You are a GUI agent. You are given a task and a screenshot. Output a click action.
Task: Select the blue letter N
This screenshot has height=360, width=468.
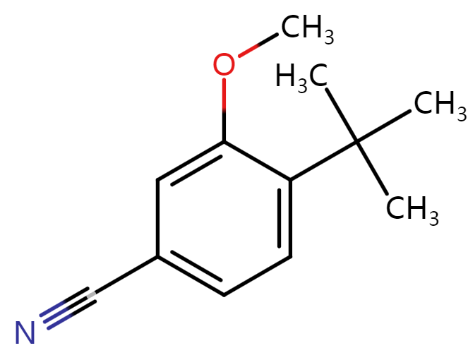tap(25, 332)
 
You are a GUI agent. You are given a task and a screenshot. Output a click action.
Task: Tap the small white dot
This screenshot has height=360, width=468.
tap(91, 294)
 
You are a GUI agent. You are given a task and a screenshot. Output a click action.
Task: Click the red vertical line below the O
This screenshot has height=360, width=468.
tap(224, 95)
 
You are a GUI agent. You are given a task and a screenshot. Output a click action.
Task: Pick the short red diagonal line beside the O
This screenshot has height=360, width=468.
tap(248, 50)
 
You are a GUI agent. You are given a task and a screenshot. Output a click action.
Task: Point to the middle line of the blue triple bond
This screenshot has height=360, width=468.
tap(56, 315)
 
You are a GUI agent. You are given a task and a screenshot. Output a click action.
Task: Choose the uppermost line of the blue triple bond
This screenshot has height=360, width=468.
tap(52, 308)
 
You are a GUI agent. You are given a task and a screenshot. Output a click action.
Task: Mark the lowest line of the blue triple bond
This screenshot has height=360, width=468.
tap(59, 321)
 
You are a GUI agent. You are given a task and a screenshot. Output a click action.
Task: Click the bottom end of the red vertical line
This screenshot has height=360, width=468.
tap(224, 111)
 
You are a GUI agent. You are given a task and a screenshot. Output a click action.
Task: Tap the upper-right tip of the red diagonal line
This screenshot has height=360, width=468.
tap(258, 45)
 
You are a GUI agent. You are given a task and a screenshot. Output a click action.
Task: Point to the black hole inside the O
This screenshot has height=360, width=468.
tap(224, 65)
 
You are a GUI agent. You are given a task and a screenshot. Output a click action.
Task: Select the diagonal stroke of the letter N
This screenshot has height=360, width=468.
tap(25, 332)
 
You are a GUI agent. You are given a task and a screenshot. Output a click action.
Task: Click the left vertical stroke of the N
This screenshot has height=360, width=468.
tap(18, 332)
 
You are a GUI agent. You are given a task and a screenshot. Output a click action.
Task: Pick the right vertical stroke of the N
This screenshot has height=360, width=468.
tap(32, 332)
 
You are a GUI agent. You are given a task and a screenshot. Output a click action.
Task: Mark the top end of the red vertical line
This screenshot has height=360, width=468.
tap(224, 79)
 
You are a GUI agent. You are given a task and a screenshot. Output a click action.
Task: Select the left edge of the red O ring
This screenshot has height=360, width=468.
tap(215, 65)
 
